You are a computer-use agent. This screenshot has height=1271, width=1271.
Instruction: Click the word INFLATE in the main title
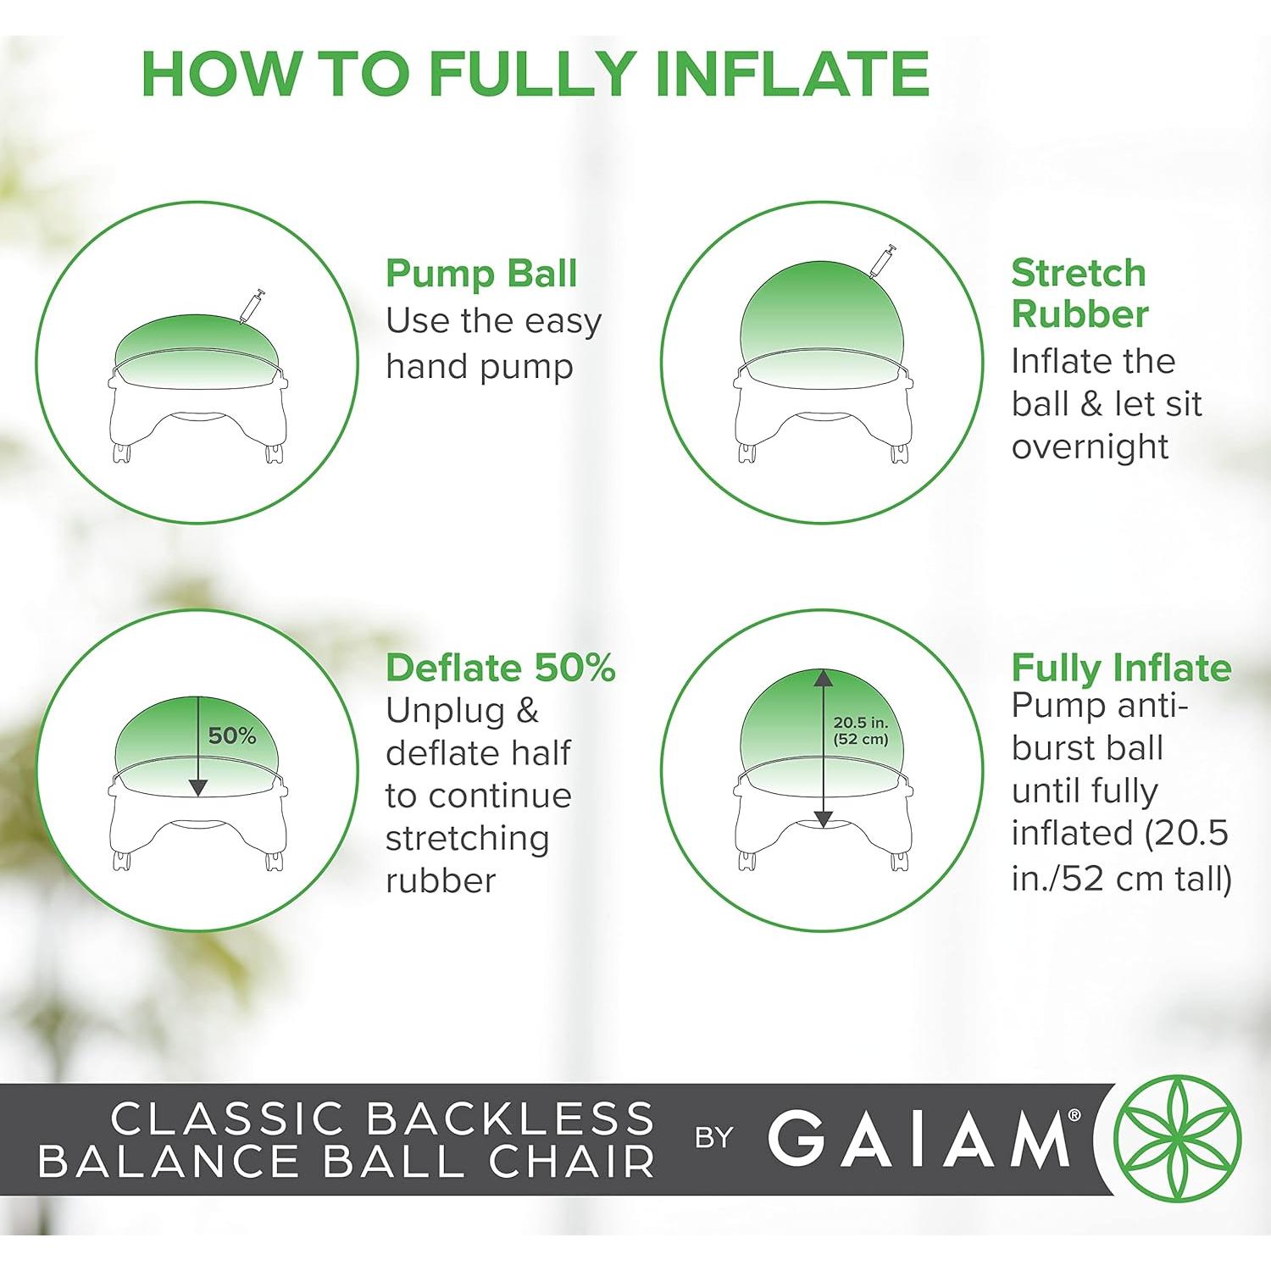click(792, 75)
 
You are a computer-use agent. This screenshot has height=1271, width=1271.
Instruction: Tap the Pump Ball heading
click(480, 274)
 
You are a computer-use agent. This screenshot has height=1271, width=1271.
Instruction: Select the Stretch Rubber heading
click(1079, 293)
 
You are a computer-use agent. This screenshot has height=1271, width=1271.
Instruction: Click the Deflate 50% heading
click(500, 668)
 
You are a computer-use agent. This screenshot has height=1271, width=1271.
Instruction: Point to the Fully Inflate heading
click(1120, 668)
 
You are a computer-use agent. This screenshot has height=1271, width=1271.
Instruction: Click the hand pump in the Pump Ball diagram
click(253, 306)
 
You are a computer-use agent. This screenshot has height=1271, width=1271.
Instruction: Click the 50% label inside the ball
click(232, 735)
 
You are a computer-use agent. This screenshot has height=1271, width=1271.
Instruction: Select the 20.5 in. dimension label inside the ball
click(860, 723)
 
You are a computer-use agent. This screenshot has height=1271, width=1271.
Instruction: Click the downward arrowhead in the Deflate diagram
click(197, 787)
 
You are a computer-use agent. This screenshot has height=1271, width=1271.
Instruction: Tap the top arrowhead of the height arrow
click(823, 678)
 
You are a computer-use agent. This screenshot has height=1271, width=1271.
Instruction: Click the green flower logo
click(1177, 1138)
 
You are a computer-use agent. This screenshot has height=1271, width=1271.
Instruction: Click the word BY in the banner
click(713, 1138)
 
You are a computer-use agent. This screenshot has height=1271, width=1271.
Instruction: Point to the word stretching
click(467, 838)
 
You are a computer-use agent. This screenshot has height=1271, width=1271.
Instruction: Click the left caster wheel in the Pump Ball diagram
click(122, 453)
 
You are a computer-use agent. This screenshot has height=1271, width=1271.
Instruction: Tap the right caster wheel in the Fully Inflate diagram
click(899, 861)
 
